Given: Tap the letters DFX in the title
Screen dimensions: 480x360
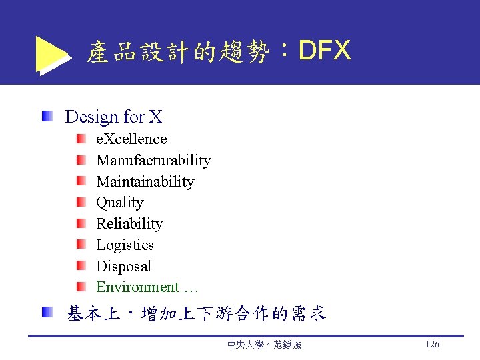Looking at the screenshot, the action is [325, 50].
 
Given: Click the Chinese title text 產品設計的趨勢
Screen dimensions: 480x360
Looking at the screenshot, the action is [177, 52].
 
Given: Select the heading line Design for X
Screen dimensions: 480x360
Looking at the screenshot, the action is [113, 117].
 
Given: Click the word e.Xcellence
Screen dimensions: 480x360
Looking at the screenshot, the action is [131, 139].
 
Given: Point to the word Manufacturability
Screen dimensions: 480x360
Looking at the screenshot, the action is [153, 161].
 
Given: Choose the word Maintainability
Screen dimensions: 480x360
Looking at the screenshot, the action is [145, 182].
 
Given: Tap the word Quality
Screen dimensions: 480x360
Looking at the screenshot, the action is [119, 203].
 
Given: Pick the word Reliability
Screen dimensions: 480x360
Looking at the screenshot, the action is [129, 224].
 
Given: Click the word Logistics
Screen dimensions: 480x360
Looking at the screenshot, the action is [125, 245].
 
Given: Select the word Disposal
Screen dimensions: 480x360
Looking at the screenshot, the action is [123, 267].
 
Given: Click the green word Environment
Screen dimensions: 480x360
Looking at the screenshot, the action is [137, 287].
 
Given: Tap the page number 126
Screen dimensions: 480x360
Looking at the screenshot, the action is [431, 345].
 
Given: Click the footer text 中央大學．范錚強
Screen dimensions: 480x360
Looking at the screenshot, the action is [263, 345].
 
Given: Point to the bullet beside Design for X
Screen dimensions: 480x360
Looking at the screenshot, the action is [47, 117].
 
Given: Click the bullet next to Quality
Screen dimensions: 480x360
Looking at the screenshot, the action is [81, 202].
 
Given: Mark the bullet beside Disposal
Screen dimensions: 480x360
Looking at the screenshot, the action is [81, 266].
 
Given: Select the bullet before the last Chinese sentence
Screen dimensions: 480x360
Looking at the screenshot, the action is [47, 312].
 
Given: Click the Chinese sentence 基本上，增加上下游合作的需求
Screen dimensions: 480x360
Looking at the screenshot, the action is [196, 313].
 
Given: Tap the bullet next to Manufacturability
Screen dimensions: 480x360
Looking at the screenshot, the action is [81, 160].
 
